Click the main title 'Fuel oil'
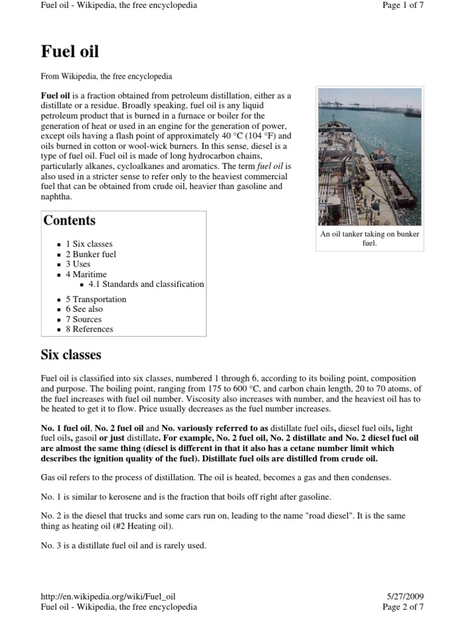coord(70,51)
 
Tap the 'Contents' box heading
coord(69,220)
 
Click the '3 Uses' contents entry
coord(78,264)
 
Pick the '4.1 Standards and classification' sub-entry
coord(146,284)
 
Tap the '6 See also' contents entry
coord(84,309)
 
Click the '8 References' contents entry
coord(89,329)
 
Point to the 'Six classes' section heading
coord(71,354)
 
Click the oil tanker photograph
coord(369,156)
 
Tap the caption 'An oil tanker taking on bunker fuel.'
coord(369,239)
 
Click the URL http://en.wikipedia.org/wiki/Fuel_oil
coord(108,596)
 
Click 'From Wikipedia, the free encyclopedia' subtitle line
coord(106,77)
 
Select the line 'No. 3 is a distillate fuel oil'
coord(124,546)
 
